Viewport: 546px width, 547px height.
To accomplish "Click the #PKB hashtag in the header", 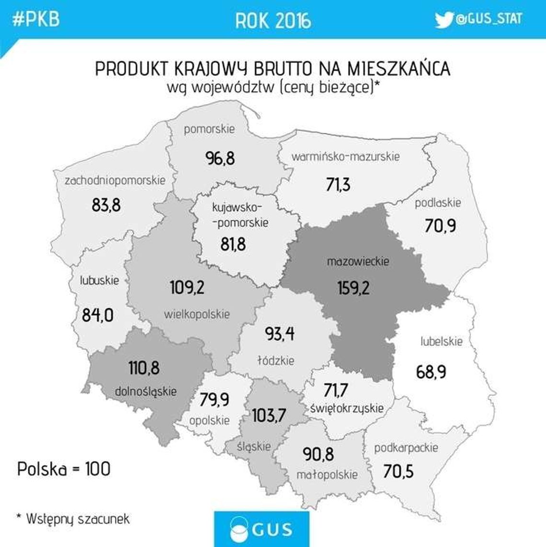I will tap(35, 20).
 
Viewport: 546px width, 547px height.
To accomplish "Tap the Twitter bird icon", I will tap(444, 20).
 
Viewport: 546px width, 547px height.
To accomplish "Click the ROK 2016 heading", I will tap(273, 21).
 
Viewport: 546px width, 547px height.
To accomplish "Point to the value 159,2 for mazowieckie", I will tap(353, 288).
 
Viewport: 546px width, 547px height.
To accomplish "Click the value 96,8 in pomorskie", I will tap(220, 158).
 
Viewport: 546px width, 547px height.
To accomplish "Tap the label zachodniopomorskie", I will tap(115, 180).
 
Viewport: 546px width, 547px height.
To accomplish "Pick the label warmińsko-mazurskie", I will tap(345, 156).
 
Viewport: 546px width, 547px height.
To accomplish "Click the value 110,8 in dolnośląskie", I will tap(144, 368).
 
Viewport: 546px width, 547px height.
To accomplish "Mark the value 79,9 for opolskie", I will tap(214, 399).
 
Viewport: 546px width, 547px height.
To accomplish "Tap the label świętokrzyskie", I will tap(347, 408).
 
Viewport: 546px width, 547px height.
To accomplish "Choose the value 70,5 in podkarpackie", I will tap(398, 471).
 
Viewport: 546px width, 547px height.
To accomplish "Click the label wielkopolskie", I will tap(197, 314).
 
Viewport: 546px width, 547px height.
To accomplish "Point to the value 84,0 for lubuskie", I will tap(98, 315).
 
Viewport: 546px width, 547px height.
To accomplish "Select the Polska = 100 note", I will tap(64, 469).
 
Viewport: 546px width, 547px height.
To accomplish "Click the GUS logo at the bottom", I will tap(262, 529).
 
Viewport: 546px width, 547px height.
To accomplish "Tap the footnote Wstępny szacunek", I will tap(77, 518).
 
